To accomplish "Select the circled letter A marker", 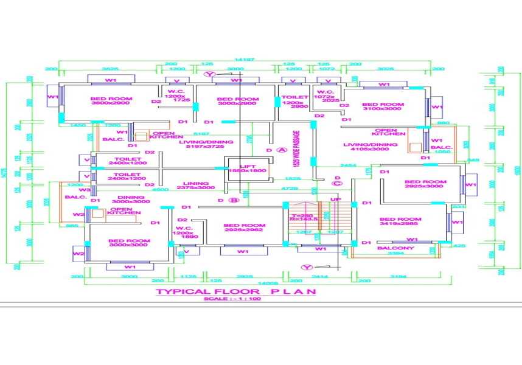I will pos(280,149).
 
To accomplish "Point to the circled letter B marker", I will pos(231,199).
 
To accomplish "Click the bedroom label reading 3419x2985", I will pos(400,222).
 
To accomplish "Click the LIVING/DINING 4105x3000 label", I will pos(371,147).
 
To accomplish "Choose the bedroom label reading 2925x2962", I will pos(244,228).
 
